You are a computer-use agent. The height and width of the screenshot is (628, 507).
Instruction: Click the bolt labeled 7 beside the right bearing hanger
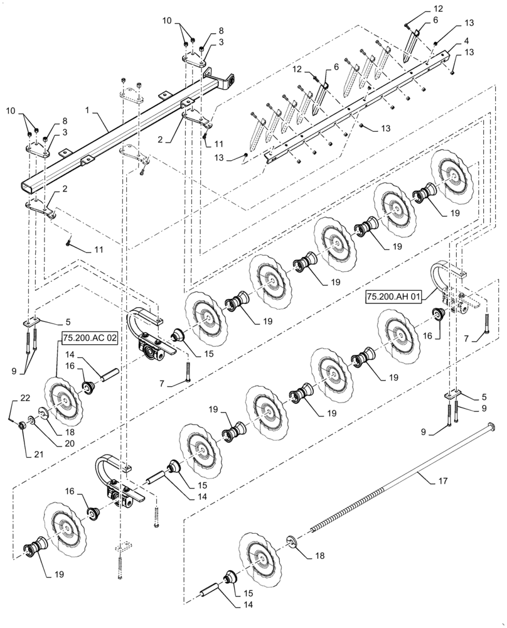click(484, 325)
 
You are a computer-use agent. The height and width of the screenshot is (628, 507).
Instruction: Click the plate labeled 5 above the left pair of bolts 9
click(31, 322)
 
